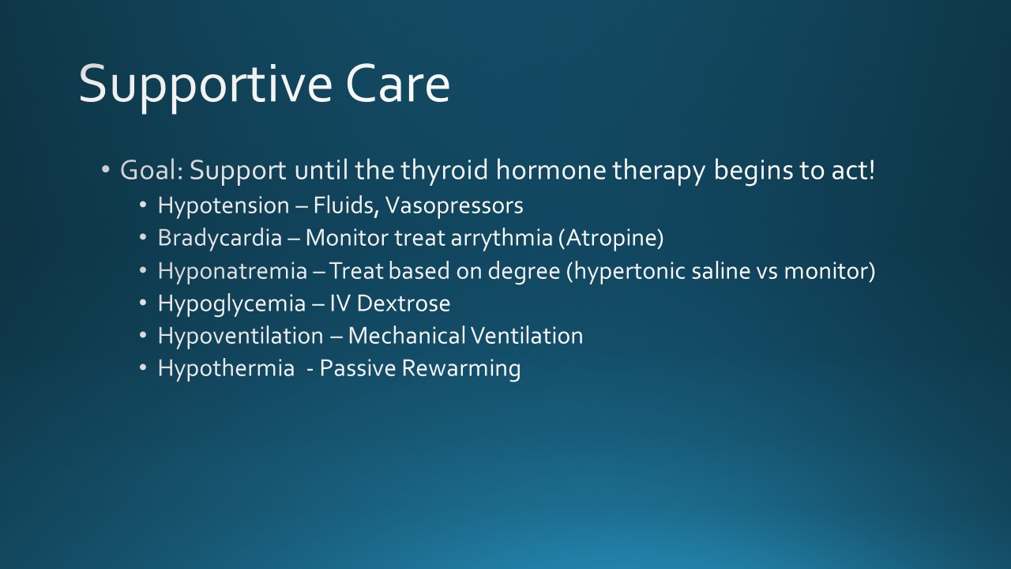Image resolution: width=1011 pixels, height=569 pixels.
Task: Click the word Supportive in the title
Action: click(205, 86)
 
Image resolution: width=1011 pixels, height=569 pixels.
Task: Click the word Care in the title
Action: click(398, 84)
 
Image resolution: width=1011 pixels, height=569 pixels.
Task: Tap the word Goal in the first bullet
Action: click(148, 170)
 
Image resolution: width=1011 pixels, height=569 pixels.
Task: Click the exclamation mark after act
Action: click(870, 170)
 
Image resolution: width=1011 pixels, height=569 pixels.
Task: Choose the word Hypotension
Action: click(224, 206)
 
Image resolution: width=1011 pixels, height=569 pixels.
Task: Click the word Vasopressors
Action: click(454, 206)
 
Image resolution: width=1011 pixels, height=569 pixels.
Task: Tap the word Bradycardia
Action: click(220, 238)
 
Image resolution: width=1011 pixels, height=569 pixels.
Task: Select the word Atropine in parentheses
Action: click(611, 238)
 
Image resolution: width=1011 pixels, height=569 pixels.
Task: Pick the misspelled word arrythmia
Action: click(502, 238)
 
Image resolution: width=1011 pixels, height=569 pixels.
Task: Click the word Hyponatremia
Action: click(232, 271)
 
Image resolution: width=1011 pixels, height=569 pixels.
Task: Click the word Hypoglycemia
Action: click(231, 303)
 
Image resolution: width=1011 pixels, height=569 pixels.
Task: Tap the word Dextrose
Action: click(404, 303)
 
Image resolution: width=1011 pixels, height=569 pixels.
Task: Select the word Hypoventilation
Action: click(241, 336)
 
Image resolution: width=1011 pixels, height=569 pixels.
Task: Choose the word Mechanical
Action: click(407, 336)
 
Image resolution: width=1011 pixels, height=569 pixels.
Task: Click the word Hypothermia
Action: click(226, 368)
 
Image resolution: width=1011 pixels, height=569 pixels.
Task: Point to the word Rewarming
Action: click(460, 368)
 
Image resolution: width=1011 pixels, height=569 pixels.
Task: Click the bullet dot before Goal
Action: click(106, 170)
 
